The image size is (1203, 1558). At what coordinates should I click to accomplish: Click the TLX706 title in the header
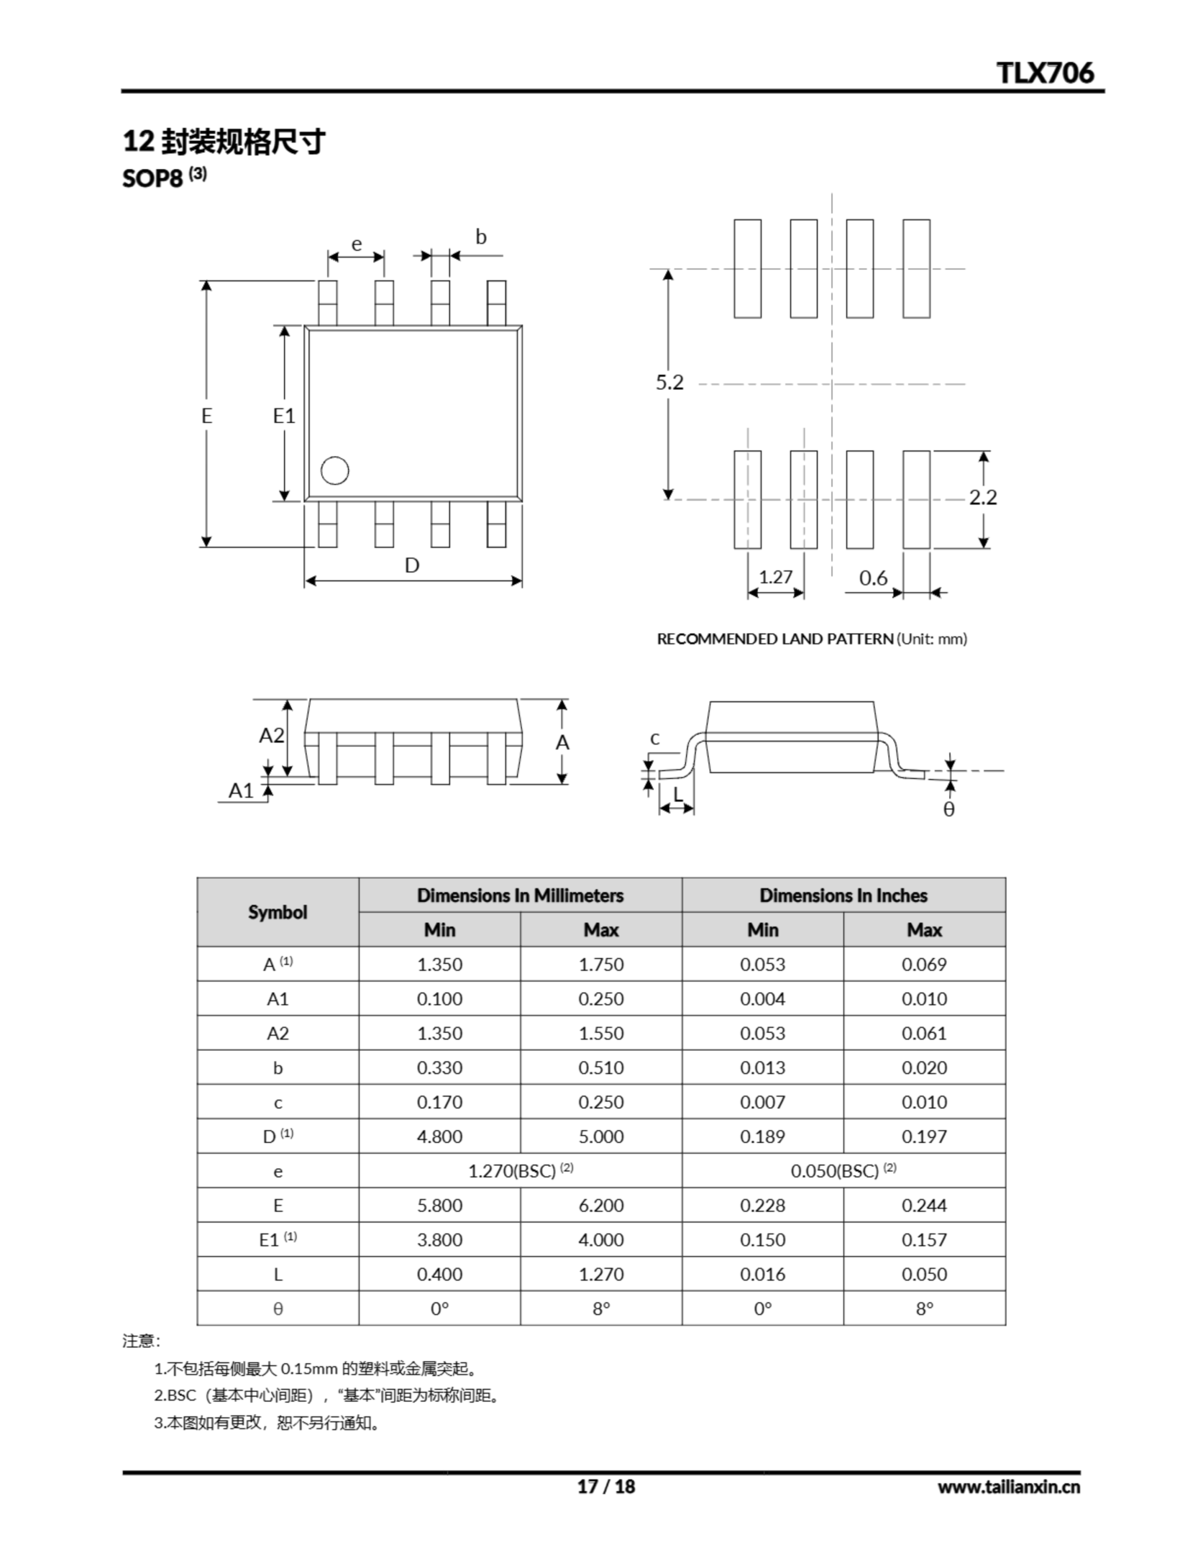(x=1045, y=73)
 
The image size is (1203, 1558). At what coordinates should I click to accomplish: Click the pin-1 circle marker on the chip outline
(x=335, y=471)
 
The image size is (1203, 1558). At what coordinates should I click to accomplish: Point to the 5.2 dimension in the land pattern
(x=670, y=383)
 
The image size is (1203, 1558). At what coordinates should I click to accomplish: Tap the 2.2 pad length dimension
(x=982, y=497)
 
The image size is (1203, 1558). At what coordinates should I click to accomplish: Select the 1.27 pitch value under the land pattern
(x=775, y=576)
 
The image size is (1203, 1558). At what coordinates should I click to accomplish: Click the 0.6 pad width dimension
(x=873, y=578)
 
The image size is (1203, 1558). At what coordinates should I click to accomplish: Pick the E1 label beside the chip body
(x=284, y=416)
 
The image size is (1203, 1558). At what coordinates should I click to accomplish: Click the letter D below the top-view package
(x=412, y=566)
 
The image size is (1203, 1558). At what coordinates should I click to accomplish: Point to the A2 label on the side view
(x=271, y=735)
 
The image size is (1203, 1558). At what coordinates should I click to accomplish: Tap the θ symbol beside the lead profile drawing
(x=948, y=809)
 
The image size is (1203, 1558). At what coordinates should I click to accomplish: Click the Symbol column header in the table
(x=277, y=912)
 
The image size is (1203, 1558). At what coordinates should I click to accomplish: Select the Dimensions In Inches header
(x=843, y=895)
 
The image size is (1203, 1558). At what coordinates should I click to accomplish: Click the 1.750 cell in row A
(x=600, y=965)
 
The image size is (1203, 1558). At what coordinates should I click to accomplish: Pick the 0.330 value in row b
(x=439, y=1068)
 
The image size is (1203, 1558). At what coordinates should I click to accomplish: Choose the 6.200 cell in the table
(x=600, y=1206)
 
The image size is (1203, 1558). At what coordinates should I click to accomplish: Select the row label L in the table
(x=277, y=1274)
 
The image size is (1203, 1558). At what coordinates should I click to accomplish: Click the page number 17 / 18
(x=605, y=1486)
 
